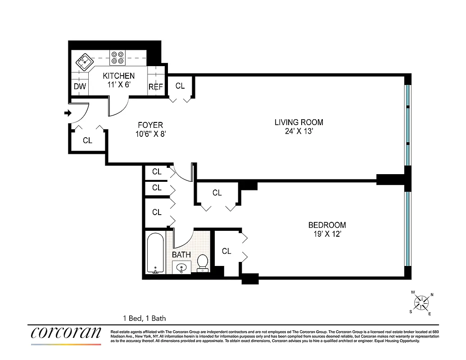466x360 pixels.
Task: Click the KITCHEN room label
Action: coord(118,76)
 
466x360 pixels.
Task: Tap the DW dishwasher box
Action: coord(80,86)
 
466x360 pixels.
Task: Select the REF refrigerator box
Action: coord(156,87)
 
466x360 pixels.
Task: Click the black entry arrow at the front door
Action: coord(68,113)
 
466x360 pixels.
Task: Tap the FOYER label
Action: coord(150,125)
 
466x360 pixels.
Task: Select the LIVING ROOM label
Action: coord(299,122)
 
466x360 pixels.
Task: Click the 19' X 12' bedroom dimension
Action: coord(327,234)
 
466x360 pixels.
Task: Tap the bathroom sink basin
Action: coord(182,267)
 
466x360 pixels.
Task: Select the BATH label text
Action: coord(181,255)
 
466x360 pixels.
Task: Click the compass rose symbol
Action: coord(422,302)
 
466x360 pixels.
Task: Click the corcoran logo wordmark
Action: coord(66,333)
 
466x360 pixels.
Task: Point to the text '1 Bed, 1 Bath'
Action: coord(144,318)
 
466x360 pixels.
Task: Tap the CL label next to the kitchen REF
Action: coord(180,85)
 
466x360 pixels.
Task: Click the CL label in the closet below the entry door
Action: coord(87,140)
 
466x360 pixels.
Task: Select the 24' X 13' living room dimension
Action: coord(299,132)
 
